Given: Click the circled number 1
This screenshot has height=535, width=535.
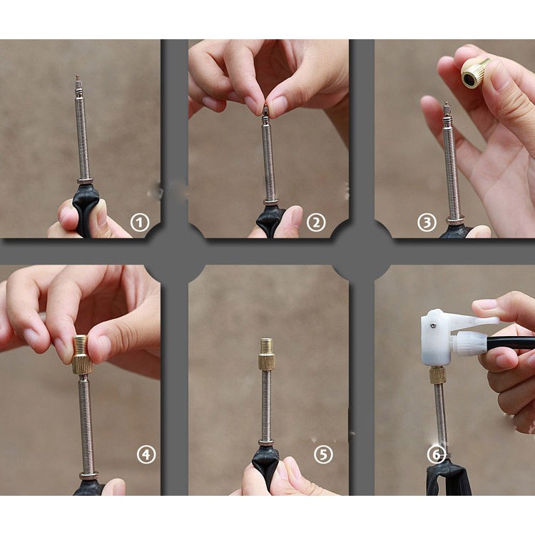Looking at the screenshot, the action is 140,223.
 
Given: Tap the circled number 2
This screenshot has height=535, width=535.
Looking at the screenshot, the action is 316,223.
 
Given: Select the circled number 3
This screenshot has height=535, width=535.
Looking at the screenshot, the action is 427,223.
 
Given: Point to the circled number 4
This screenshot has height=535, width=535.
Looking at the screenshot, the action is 146,454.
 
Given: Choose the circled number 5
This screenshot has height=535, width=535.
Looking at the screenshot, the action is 322,454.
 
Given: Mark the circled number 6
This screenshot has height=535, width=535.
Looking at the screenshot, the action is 437,454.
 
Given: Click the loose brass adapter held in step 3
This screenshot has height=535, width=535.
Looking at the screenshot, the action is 474,73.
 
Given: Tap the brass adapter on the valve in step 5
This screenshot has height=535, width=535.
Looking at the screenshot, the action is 266,354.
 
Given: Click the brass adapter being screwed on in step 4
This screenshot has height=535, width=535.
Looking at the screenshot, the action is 82,355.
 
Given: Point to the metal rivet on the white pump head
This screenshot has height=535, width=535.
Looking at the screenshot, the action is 433,325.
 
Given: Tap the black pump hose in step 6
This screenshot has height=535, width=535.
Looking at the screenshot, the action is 511,342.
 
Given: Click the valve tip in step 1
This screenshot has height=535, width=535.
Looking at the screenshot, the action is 78,83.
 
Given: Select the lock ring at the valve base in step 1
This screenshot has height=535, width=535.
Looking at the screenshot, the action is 84,181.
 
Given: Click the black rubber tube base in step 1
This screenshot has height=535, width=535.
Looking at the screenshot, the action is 85,209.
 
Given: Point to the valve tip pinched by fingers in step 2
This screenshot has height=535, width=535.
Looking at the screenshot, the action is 265,110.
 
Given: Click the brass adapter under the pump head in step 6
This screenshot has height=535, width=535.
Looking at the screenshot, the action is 438,375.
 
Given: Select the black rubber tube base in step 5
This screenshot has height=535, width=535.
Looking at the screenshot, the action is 265,464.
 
